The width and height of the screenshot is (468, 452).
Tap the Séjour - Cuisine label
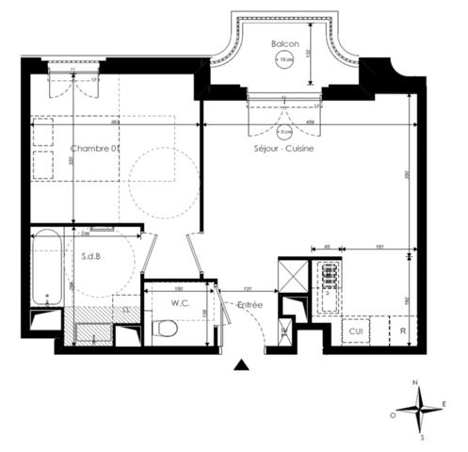click(x=283, y=149)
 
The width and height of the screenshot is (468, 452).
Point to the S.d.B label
click(x=91, y=256)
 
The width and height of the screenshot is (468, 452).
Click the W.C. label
click(x=182, y=303)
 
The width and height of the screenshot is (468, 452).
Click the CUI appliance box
click(x=356, y=331)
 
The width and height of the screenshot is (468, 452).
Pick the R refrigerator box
click(x=402, y=331)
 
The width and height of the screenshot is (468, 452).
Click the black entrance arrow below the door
click(x=242, y=365)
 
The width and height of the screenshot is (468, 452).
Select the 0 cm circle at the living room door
click(x=283, y=130)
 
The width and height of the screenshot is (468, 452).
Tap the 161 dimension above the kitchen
click(x=376, y=246)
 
